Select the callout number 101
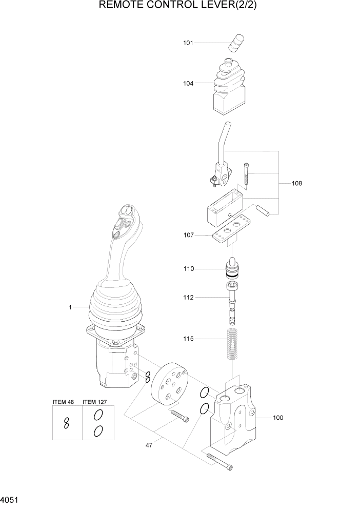tap(188, 43)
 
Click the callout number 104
tap(188, 83)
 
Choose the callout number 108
tap(297, 183)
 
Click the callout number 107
tap(188, 235)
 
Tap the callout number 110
tap(188, 268)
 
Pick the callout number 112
tap(188, 297)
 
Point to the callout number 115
tap(188, 339)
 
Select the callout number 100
tap(277, 418)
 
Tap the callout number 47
tap(149, 445)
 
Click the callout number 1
tap(70, 307)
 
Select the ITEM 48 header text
tap(63, 402)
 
